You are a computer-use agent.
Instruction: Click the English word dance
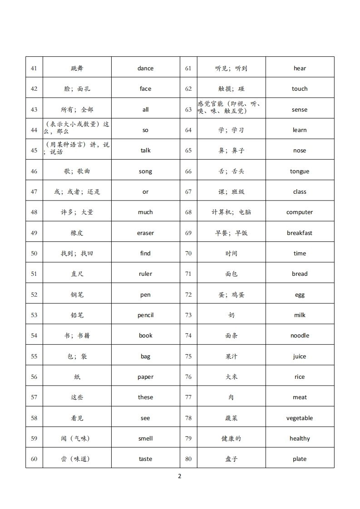pos(145,69)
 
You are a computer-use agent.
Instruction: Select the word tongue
pos(300,171)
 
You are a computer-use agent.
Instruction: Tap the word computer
pos(300,212)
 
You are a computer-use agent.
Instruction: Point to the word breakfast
pos(300,233)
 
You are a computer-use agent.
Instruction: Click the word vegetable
pos(300,418)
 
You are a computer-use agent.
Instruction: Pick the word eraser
pos(145,233)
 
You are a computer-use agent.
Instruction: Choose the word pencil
pos(145,315)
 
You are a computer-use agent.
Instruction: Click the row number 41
pos(34,69)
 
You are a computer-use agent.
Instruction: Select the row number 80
pos(188,459)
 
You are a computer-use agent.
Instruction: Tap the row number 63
pos(188,110)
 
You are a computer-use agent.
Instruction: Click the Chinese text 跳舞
pos(77,69)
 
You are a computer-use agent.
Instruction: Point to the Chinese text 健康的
pos(232,439)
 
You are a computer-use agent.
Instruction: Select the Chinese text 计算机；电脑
pos(232,212)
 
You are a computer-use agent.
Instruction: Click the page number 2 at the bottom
pos(180,476)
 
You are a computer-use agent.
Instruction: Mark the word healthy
pos(300,439)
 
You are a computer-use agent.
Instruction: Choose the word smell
pos(145,439)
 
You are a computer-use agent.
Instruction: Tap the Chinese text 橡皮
pos(77,233)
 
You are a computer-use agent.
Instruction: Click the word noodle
pos(300,336)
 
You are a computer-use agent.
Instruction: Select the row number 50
pos(34,254)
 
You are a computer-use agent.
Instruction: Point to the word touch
pos(300,89)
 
